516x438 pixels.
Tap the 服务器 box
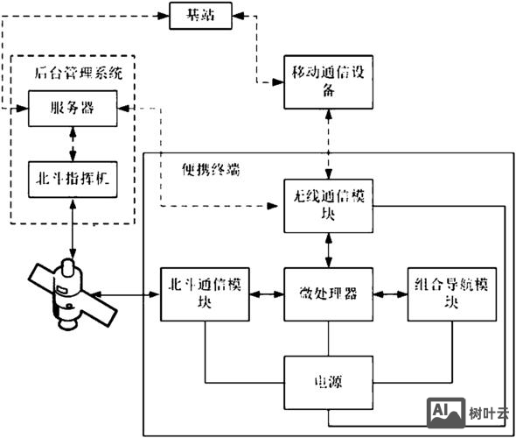tap(73, 109)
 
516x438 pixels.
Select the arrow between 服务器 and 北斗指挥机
tap(73, 141)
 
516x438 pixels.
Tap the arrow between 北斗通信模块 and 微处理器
tap(268, 293)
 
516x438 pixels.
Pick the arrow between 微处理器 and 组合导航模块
tap(389, 293)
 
